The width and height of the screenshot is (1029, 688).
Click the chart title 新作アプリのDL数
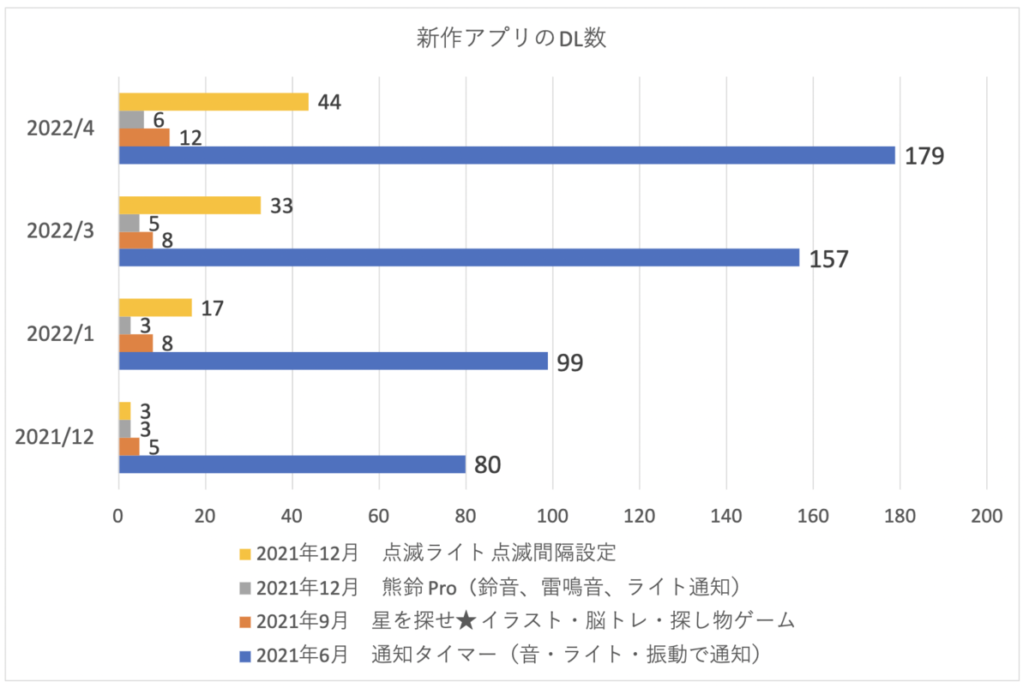coord(511,38)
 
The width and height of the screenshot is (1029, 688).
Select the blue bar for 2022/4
coord(507,155)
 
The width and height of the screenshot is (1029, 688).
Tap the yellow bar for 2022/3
coord(190,205)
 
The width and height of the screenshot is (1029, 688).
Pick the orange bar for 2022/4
coord(144,137)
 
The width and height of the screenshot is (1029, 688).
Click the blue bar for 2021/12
coord(292,464)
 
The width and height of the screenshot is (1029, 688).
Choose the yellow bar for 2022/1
coord(155,308)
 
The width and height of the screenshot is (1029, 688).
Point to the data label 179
coord(924,156)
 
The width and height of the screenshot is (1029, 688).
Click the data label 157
coord(828,260)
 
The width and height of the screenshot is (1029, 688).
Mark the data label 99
coord(569,362)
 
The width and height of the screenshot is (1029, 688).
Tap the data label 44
coord(329,102)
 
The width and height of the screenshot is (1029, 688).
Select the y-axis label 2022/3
coord(60,230)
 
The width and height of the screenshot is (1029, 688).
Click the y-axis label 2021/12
coord(54,437)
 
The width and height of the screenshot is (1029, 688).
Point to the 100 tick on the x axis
coord(552,516)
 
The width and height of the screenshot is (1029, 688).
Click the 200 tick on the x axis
coord(986,516)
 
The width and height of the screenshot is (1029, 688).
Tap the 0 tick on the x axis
coord(118,516)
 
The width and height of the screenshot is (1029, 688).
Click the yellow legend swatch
coord(245,554)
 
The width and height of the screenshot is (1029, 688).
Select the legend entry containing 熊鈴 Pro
coord(490,588)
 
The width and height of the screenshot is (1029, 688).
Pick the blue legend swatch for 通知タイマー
coord(245,656)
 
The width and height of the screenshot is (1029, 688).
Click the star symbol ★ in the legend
coord(466,621)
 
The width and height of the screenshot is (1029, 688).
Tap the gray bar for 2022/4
coord(131,120)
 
